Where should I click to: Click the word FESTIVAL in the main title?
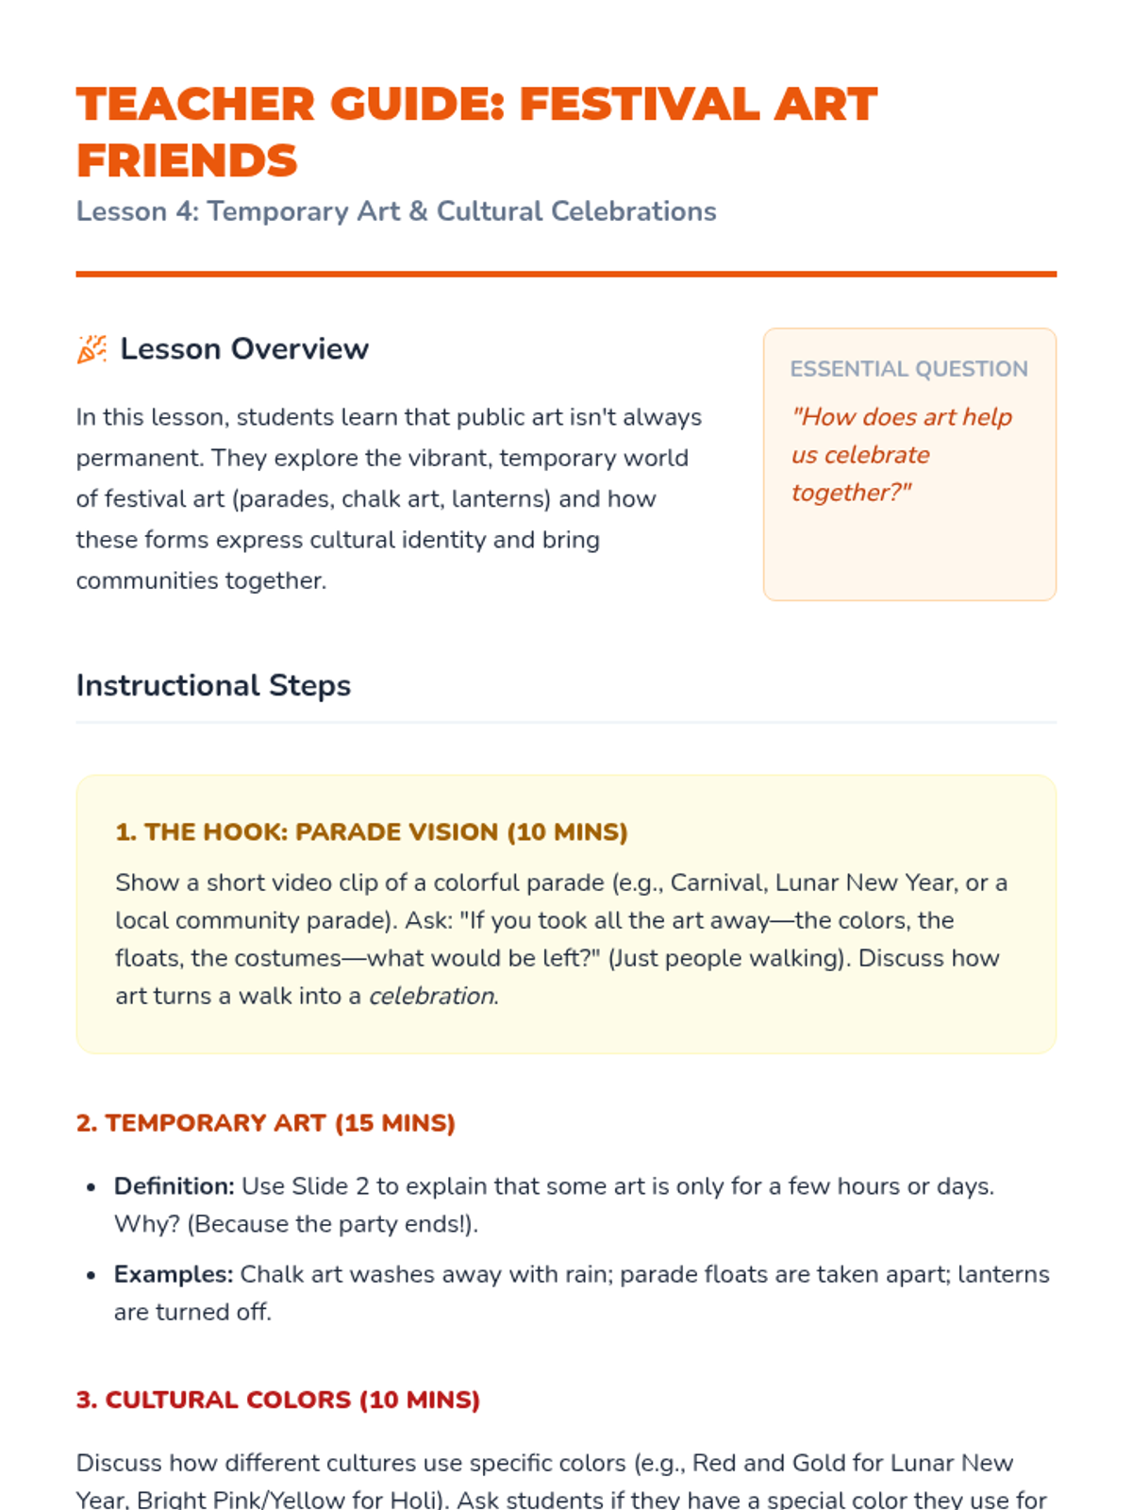coord(640,104)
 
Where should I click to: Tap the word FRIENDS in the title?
coord(187,160)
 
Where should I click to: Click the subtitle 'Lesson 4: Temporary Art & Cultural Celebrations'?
coord(396,211)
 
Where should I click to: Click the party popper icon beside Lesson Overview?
coord(92,349)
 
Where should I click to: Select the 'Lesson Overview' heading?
coord(244,349)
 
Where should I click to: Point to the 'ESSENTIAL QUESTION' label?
coord(908,369)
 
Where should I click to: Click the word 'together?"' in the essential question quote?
coord(851,493)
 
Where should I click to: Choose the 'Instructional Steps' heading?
coord(213,685)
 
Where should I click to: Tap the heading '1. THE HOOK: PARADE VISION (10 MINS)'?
coord(371,832)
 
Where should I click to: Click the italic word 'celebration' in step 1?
coord(431,997)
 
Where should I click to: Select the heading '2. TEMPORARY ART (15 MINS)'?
coord(266,1123)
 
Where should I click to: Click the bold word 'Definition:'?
coord(174,1186)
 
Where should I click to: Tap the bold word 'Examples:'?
coord(174,1274)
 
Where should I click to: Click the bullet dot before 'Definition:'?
coord(91,1187)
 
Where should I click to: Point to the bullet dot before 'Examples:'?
coord(91,1275)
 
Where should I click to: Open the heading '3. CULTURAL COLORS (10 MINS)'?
coord(278,1400)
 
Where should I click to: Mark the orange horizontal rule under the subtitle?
coord(566,275)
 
